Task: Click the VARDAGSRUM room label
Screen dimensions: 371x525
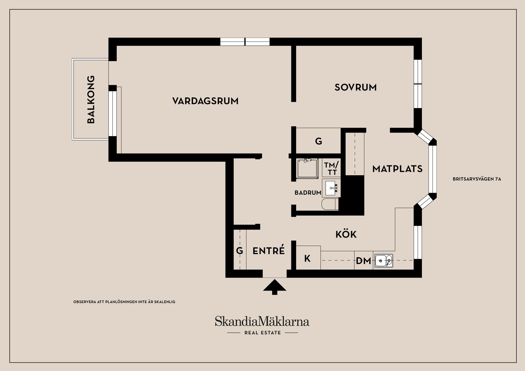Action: click(x=205, y=101)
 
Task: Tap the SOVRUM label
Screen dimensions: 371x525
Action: click(x=355, y=87)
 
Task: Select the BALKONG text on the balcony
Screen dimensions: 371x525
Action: click(x=91, y=100)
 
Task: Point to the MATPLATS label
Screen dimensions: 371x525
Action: click(x=397, y=169)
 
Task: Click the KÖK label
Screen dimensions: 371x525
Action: click(x=346, y=235)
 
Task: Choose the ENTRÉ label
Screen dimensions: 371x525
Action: click(x=269, y=251)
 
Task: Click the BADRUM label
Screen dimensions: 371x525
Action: click(x=308, y=193)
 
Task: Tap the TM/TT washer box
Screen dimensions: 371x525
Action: click(x=331, y=168)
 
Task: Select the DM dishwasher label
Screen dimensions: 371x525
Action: click(x=363, y=261)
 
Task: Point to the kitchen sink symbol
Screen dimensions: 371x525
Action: click(x=383, y=261)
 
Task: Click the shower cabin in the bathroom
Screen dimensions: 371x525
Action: click(x=308, y=168)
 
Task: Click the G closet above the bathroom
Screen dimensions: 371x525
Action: click(x=318, y=141)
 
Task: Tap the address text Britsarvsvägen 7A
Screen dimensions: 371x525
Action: click(x=477, y=179)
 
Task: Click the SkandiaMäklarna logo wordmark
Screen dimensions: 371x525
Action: click(x=262, y=321)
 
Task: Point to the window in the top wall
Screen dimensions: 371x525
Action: click(x=245, y=42)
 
